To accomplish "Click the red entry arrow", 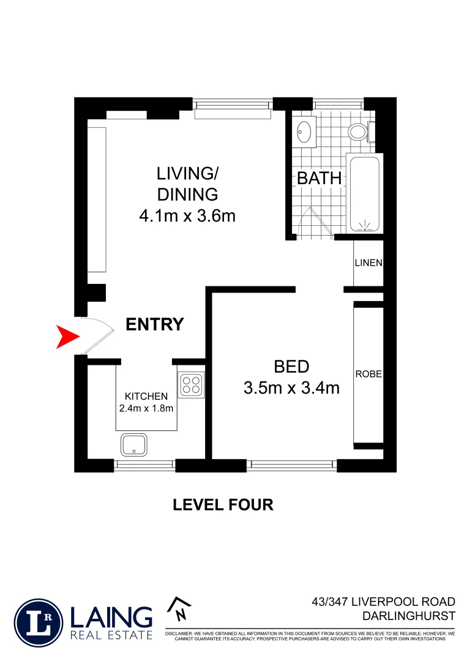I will pyautogui.click(x=67, y=337).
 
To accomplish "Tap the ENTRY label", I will pyautogui.click(x=154, y=324).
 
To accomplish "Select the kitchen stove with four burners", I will pyautogui.click(x=191, y=384).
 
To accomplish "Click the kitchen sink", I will pyautogui.click(x=133, y=444).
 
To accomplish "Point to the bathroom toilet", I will pyautogui.click(x=358, y=131).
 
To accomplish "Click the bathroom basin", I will pyautogui.click(x=304, y=130).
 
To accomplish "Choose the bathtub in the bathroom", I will pyautogui.click(x=365, y=193).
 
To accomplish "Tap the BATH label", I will pyautogui.click(x=319, y=179).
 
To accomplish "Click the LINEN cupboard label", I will pyautogui.click(x=368, y=263).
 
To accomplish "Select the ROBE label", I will pyautogui.click(x=368, y=374).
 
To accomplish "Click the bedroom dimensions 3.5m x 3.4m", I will pyautogui.click(x=291, y=387).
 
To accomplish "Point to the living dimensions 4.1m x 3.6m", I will pyautogui.click(x=188, y=215).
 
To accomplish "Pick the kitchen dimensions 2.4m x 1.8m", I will pyautogui.click(x=146, y=408).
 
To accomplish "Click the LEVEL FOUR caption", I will pyautogui.click(x=223, y=505).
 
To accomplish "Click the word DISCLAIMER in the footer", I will pyautogui.click(x=179, y=633).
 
